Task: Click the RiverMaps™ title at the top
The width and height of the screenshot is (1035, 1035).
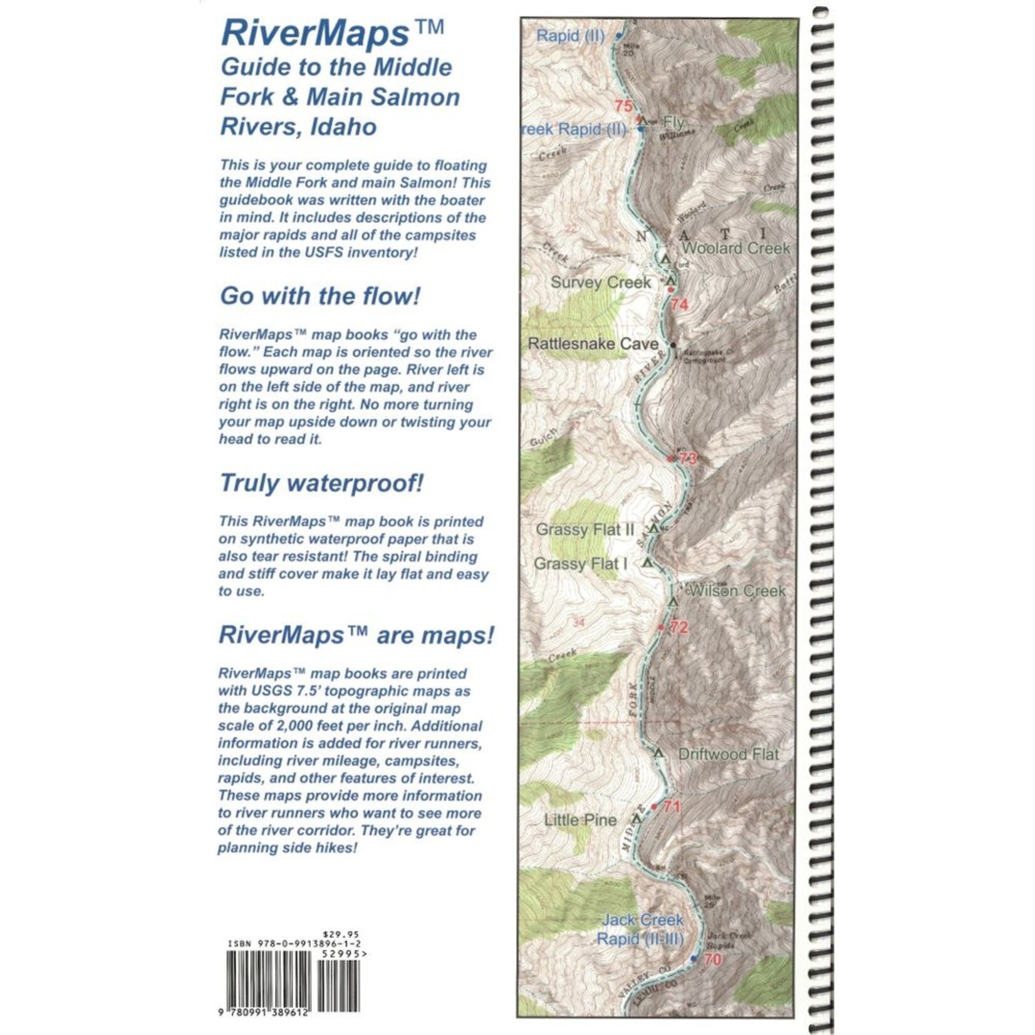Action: coord(333,34)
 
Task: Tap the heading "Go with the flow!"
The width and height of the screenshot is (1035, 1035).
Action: coord(320,296)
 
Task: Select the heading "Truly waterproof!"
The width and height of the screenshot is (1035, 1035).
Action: coord(321,483)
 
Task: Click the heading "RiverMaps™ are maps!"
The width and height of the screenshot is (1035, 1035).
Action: coord(356,635)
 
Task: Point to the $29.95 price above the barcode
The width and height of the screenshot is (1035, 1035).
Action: coord(341,934)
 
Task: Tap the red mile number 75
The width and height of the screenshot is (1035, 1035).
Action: coord(623,106)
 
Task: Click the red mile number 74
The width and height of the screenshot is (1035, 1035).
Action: coord(679,305)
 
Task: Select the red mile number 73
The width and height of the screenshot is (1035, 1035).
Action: coord(688,459)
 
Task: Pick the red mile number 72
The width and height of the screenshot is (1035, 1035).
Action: coord(679,627)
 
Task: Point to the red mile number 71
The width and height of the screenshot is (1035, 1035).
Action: coord(672,806)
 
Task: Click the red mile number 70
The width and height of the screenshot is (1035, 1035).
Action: coord(712,959)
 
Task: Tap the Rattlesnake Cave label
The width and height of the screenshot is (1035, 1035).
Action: coord(593,344)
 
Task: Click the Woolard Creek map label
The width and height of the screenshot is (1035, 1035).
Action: coord(736,248)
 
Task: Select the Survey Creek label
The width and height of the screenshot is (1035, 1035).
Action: coord(601,283)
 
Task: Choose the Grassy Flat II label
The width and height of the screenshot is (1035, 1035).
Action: coord(585,530)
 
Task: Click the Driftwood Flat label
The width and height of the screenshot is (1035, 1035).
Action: coord(729,754)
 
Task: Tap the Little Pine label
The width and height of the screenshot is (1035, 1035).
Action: coord(580,820)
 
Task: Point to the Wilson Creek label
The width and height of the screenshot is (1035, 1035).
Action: coord(737,591)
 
